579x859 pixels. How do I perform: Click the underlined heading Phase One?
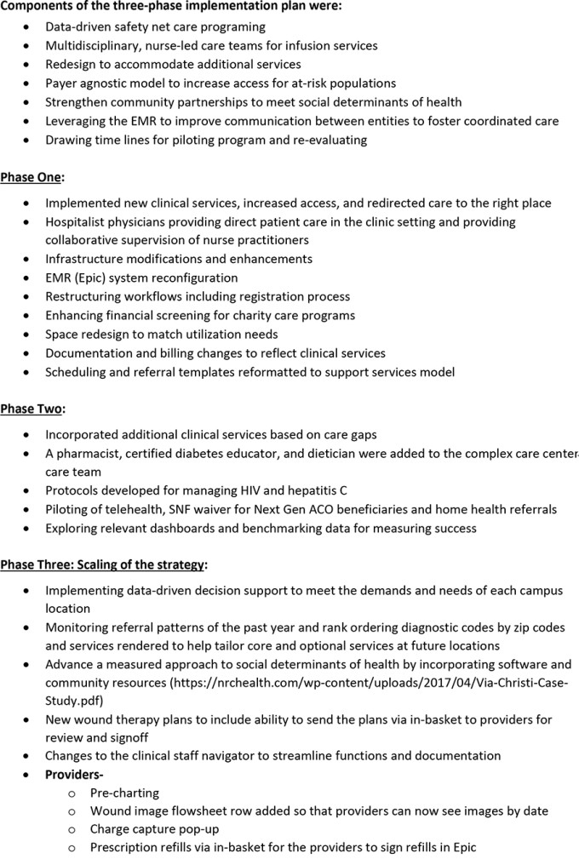[32, 177]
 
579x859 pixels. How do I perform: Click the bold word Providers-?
[74, 774]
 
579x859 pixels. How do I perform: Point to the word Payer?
[64, 83]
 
